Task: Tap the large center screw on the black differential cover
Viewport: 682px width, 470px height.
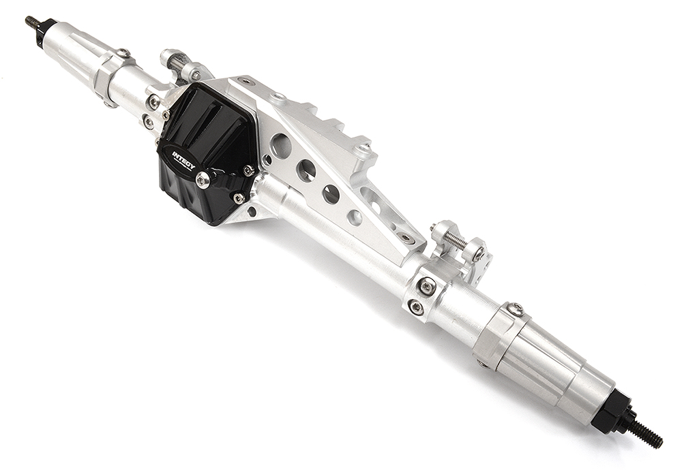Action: click(203, 180)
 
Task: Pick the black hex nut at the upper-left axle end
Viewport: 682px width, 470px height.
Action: click(45, 30)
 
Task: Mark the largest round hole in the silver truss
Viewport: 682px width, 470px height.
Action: click(280, 145)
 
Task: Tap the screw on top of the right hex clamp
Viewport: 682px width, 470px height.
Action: click(516, 309)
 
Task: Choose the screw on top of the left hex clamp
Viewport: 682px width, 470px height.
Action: click(123, 53)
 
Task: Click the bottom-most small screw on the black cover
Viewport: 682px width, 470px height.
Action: click(239, 198)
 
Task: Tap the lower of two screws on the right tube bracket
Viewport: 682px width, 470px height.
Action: click(416, 308)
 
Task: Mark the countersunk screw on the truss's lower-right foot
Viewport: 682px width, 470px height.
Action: click(407, 238)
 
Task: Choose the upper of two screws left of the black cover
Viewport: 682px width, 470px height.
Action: click(154, 102)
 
